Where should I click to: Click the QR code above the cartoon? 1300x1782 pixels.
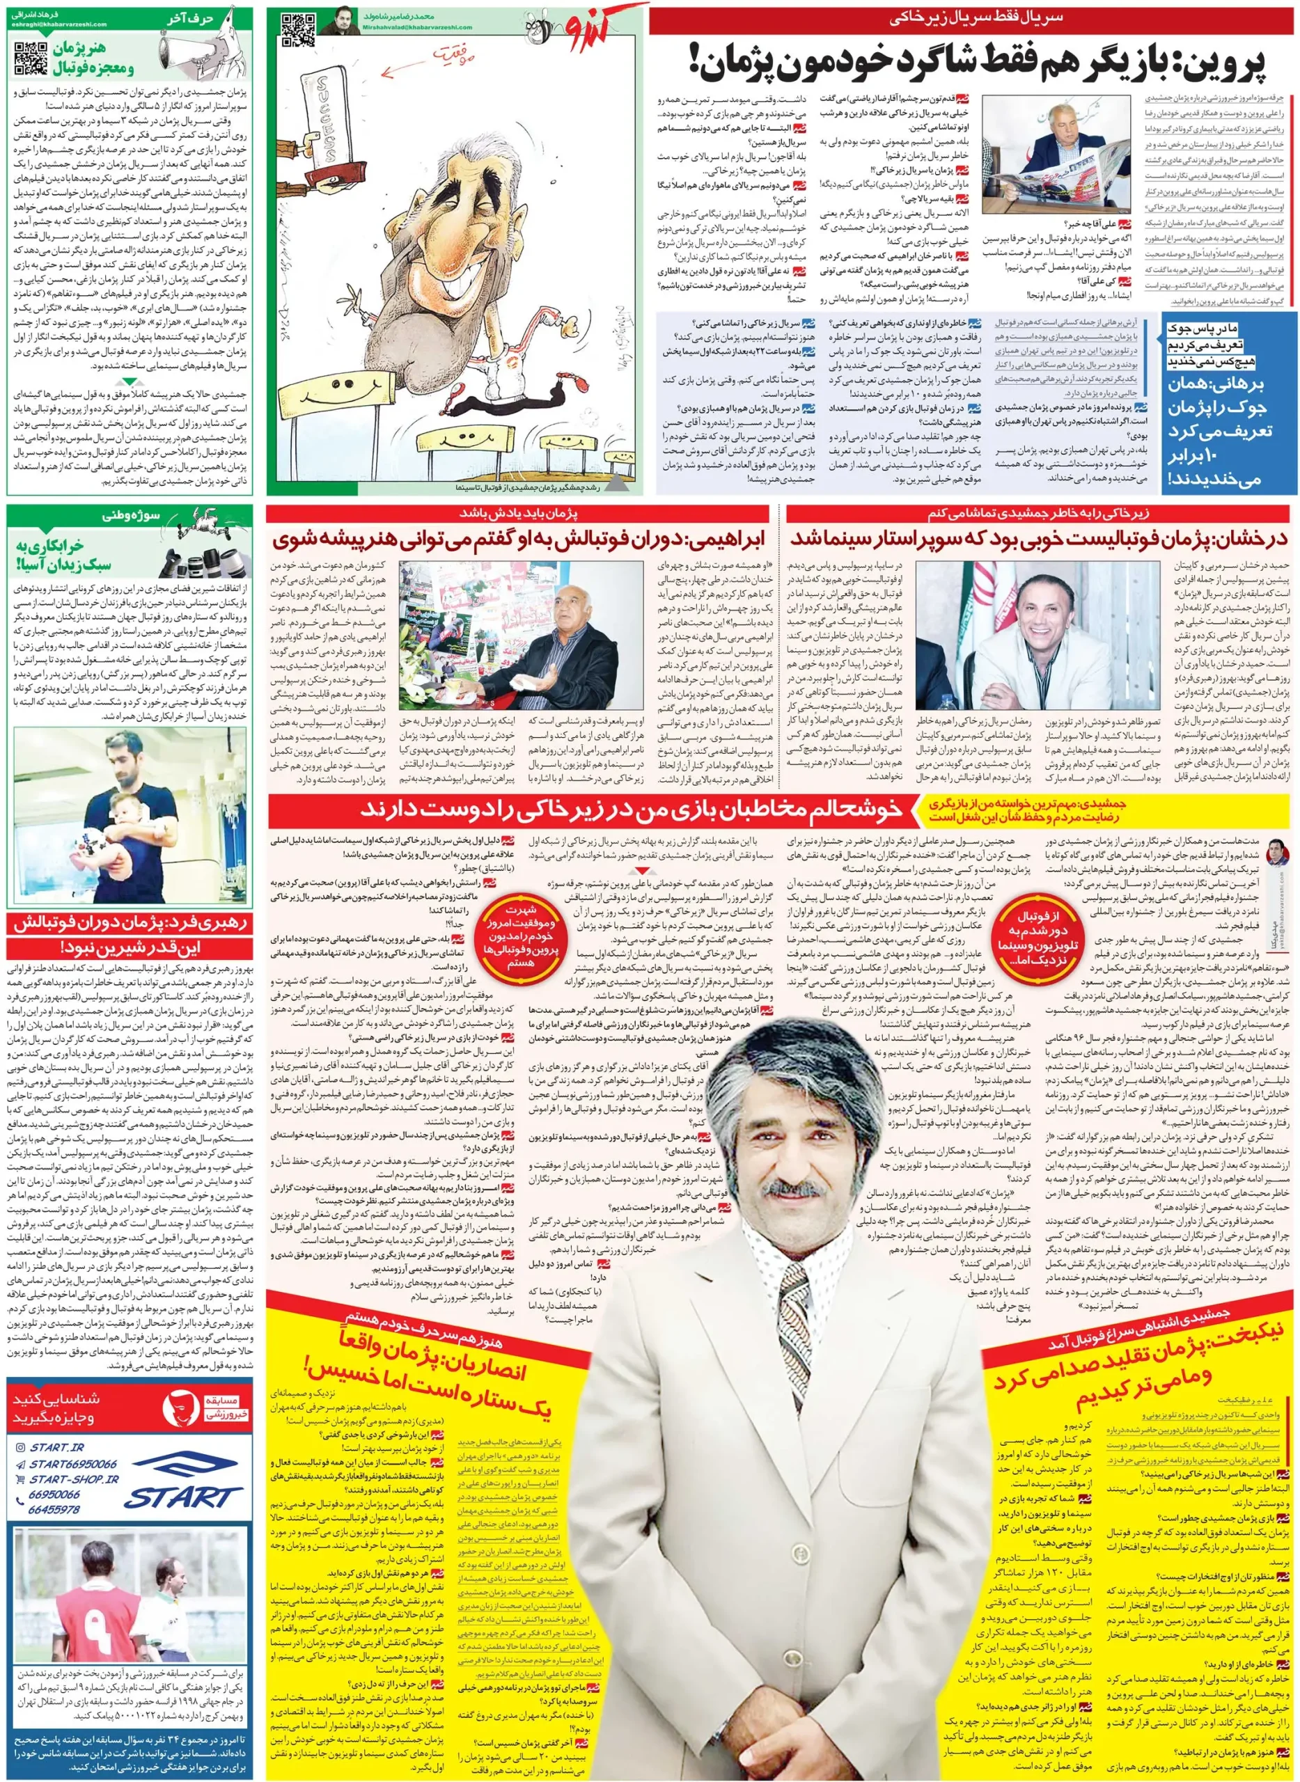(x=298, y=30)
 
